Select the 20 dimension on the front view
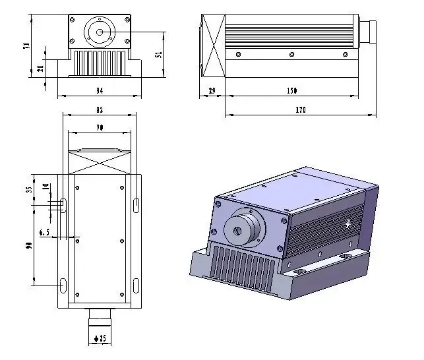(40, 69)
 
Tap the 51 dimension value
(158, 55)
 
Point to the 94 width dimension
(100, 90)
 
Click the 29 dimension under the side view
(212, 90)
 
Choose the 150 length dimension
(291, 90)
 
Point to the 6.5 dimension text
(45, 232)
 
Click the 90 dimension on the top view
(29, 245)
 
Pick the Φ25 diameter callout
(100, 339)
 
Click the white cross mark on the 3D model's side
(349, 222)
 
